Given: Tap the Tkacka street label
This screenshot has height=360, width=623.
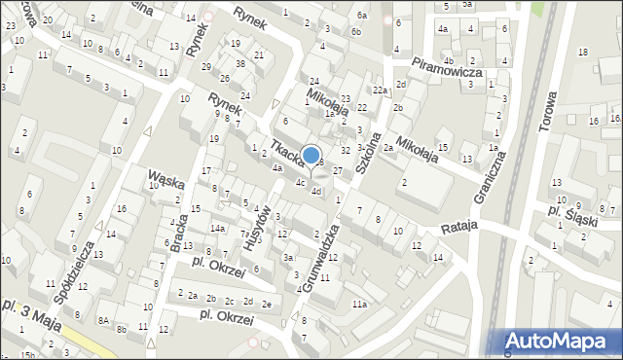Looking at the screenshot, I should pos(287,155).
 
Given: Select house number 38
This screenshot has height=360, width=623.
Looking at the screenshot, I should pos(239,63).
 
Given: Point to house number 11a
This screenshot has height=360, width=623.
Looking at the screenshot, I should pos(360,305).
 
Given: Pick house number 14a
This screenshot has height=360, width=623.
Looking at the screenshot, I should pos(220,229).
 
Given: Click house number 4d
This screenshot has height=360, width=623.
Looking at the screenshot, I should pos(316,191).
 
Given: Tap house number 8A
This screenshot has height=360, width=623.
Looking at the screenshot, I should pos(103,319).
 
